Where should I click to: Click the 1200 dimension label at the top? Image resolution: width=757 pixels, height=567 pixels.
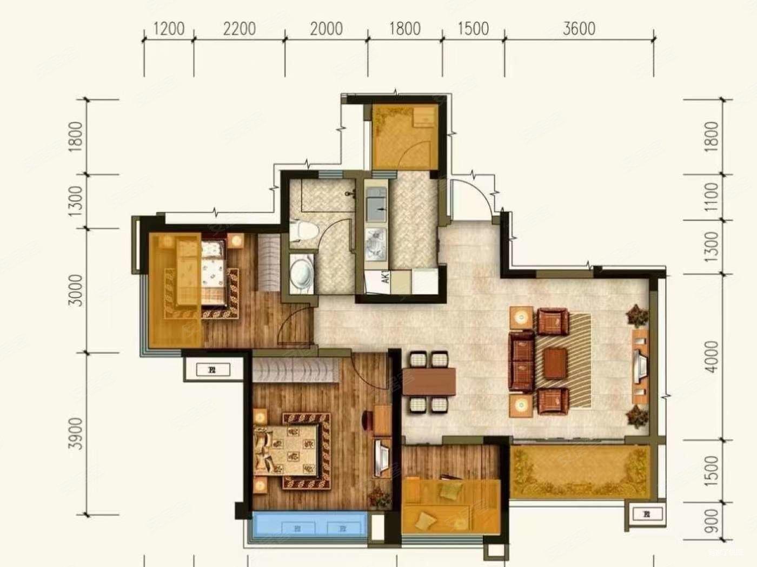[169, 29]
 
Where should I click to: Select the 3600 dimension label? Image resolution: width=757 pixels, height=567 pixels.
[579, 29]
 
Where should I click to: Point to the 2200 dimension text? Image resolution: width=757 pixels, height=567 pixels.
[239, 29]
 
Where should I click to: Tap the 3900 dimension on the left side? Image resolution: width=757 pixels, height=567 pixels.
[77, 433]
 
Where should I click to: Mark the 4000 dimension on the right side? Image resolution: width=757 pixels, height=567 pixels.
[712, 356]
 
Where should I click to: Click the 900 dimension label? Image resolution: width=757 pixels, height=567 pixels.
[712, 521]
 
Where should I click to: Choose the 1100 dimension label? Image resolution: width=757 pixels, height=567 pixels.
[712, 197]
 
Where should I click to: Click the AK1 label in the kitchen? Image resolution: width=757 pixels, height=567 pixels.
[386, 278]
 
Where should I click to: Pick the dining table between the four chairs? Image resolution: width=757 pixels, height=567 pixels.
[429, 382]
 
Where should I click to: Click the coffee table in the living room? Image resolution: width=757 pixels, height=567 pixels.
[555, 363]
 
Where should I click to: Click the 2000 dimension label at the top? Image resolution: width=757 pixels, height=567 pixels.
[326, 29]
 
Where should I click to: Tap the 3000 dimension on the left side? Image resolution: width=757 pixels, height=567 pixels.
[77, 290]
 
